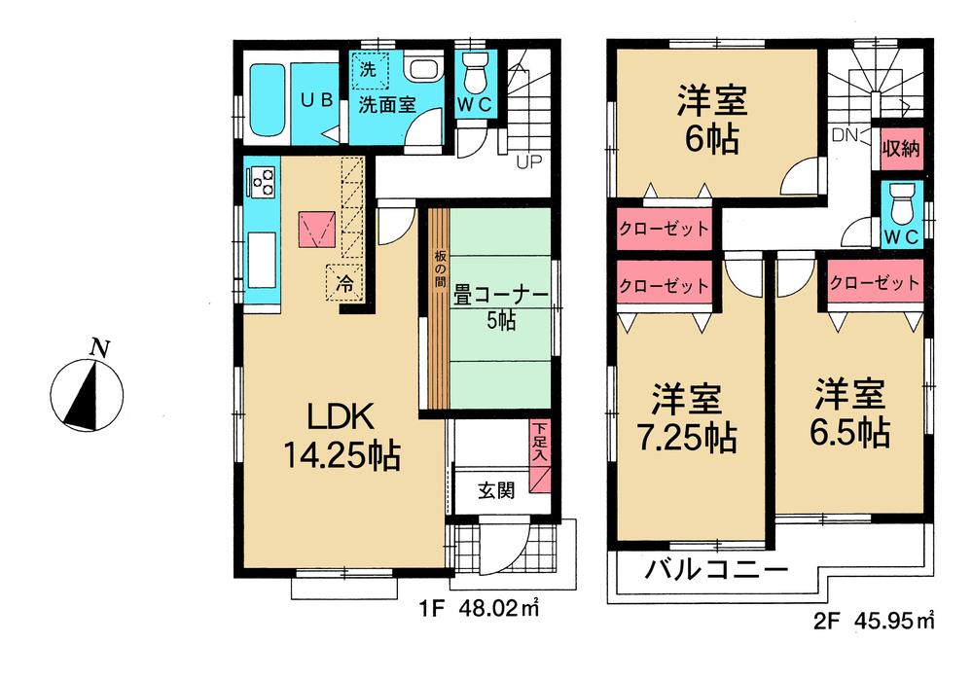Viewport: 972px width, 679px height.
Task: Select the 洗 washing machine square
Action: click(x=369, y=70)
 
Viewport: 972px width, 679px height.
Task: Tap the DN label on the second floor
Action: click(x=843, y=136)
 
